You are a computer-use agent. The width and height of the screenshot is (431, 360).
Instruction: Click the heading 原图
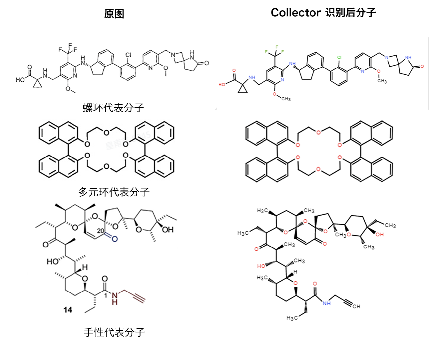[114, 14]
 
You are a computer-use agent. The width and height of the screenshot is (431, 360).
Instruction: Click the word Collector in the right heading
[296, 13]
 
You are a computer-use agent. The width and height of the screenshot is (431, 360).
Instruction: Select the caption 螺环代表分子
[113, 108]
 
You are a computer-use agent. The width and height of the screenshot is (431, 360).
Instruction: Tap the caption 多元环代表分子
[114, 192]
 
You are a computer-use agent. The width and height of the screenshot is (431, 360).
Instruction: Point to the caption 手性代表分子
[114, 332]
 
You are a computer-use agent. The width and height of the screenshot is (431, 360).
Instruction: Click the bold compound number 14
[68, 310]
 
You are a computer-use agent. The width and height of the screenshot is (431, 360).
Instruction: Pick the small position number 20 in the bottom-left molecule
[100, 231]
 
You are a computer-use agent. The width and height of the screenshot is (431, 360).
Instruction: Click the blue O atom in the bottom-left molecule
[115, 238]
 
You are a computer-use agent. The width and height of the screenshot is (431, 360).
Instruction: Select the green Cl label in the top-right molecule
[339, 57]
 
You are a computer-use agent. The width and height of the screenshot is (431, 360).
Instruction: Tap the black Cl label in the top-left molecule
[128, 55]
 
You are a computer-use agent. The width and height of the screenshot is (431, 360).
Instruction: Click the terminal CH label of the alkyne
[356, 306]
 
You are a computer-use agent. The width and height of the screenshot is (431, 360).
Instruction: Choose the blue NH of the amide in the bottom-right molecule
[327, 303]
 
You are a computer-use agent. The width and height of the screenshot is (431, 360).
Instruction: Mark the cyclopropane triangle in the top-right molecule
[243, 88]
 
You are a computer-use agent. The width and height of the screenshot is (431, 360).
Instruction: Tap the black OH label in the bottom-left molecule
[168, 229]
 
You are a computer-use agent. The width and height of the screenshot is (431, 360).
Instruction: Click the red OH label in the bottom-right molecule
[380, 234]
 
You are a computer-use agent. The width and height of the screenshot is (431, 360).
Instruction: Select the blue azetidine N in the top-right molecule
[387, 57]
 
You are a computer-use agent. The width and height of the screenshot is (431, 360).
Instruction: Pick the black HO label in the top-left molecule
[20, 80]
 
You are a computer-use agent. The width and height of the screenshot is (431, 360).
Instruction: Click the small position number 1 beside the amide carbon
[106, 295]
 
